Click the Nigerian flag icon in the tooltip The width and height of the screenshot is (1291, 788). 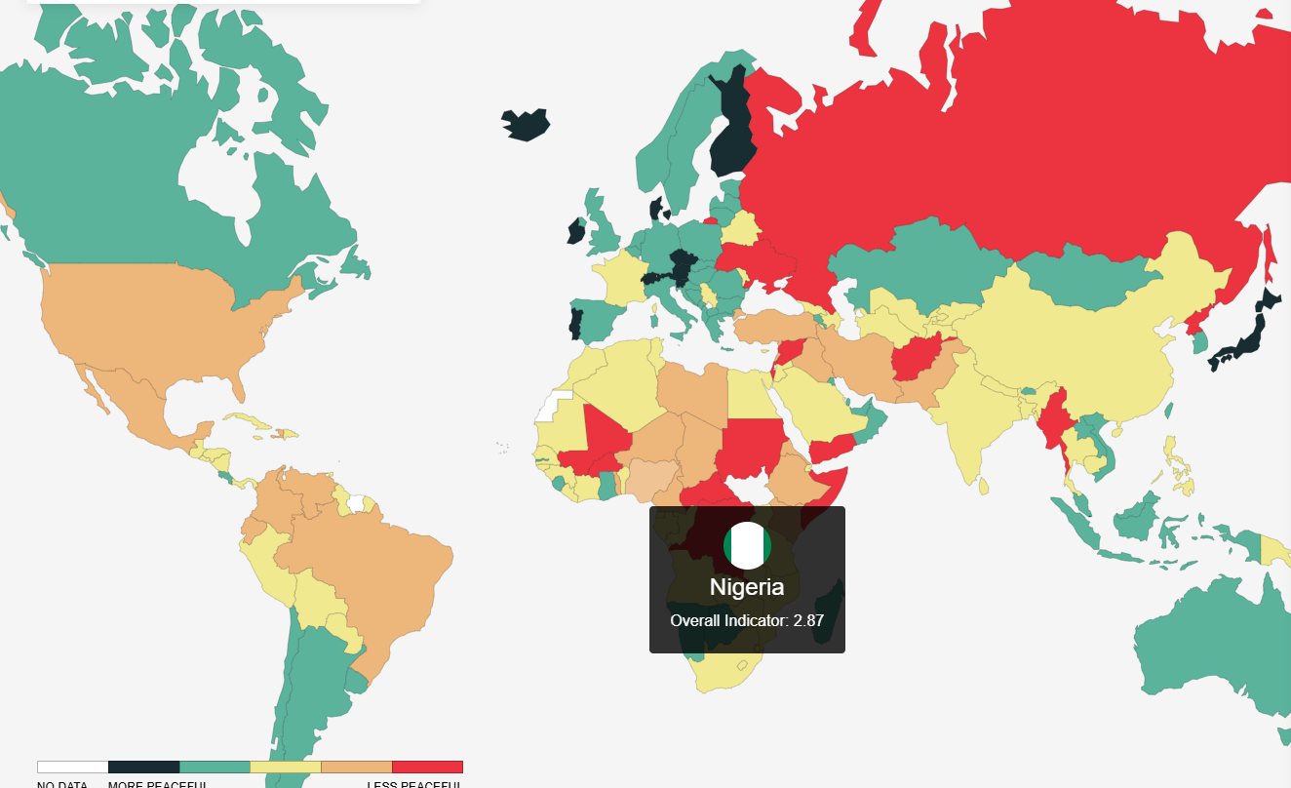click(747, 545)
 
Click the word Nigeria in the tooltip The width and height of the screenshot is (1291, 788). click(747, 587)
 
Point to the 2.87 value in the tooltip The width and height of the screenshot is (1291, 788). click(808, 620)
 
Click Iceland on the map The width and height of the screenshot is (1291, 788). click(525, 124)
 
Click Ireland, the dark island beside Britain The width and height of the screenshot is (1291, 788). click(575, 232)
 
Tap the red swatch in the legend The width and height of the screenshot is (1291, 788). click(427, 768)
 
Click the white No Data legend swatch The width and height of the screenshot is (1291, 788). click(72, 768)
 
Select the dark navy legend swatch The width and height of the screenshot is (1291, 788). click(143, 768)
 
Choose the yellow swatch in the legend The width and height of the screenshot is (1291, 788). click(285, 768)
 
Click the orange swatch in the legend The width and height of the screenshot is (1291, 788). click(356, 768)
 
